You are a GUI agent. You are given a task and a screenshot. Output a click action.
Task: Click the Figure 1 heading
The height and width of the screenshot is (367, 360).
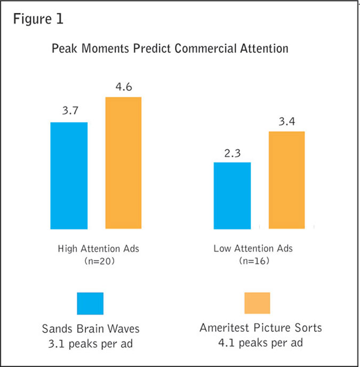pos(38,20)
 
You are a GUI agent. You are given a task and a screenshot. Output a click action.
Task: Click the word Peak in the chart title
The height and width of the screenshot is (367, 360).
pos(65,49)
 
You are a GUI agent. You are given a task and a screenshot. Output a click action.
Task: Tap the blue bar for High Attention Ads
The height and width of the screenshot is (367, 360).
pos(69,175)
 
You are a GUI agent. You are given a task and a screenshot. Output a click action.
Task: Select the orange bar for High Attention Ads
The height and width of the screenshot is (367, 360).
pos(123,163)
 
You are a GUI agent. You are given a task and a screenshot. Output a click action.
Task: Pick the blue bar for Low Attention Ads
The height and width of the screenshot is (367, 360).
pos(232,195)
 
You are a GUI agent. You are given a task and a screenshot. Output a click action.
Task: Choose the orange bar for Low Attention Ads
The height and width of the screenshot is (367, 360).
pos(286,180)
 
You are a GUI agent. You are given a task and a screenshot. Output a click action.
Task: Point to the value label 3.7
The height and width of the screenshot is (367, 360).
pos(68,112)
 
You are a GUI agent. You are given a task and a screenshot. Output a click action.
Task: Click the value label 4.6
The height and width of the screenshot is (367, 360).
pos(123,86)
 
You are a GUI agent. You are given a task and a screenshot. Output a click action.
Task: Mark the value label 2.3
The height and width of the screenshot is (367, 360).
pos(232,152)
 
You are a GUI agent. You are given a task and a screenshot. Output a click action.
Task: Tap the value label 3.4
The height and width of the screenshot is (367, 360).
pos(286,121)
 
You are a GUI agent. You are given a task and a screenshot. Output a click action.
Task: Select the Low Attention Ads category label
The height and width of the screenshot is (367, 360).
pos(253,248)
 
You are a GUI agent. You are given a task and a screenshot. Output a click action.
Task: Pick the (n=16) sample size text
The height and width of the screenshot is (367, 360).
pos(253,261)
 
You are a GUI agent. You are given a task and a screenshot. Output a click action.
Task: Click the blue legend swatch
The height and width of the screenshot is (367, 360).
pos(90,303)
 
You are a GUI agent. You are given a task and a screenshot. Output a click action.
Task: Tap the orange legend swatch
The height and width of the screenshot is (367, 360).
pos(257,303)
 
